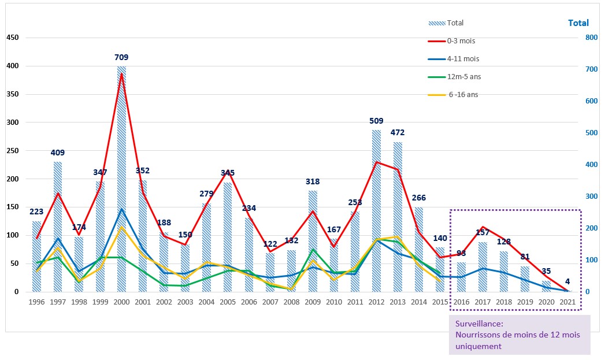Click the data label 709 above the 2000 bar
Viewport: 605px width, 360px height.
coord(121,57)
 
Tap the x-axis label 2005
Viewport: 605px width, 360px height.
coord(228,302)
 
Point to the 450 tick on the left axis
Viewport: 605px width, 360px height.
coord(13,38)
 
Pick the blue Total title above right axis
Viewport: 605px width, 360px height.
coord(578,23)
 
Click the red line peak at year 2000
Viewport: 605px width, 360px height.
coord(121,74)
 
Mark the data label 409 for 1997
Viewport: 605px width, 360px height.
coord(58,153)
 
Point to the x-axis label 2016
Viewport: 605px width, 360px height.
coord(461,302)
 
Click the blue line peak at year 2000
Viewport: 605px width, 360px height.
coord(121,209)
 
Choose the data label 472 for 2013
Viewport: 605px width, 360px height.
coord(398,132)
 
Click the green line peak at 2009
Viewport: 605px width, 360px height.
coord(313,250)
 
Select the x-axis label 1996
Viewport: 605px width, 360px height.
coord(36,302)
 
